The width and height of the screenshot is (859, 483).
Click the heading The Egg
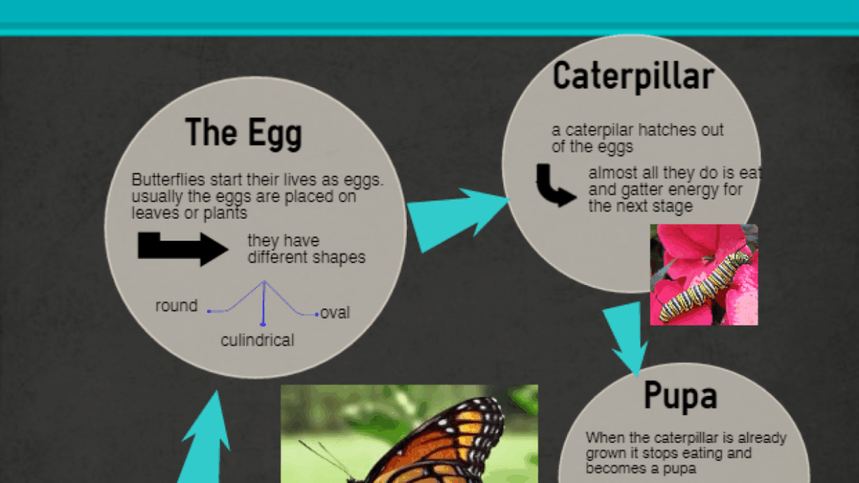pos(243,133)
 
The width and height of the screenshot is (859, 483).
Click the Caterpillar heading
pos(633,76)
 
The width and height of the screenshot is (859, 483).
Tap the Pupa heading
pos(679,396)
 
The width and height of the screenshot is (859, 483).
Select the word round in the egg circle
pos(176,305)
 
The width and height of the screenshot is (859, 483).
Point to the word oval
pos(335,313)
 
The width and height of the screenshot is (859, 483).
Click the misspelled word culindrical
pos(258,340)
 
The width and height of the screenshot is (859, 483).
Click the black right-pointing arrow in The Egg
pos(182,248)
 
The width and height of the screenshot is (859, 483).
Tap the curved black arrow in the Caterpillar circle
pos(554,186)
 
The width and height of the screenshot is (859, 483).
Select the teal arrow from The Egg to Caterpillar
pos(457,218)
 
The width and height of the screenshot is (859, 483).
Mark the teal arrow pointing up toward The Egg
pos(206,438)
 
